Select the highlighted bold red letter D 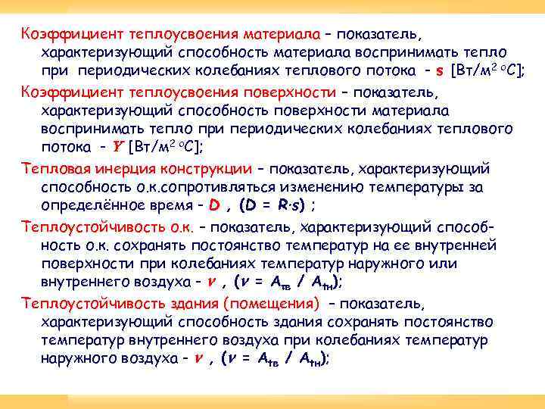(214, 205)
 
